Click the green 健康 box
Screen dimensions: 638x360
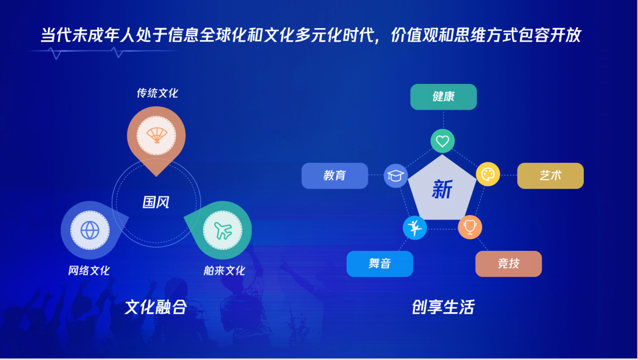pos(443,97)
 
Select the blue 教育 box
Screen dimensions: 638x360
pos(335,176)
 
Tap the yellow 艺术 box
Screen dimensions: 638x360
pos(551,176)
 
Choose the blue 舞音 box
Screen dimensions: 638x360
pos(380,264)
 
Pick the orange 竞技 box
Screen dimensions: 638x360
pos(508,264)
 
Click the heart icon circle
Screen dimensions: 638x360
pos(442,141)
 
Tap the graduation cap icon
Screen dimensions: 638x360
pos(396,176)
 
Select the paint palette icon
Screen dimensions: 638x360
pos(488,174)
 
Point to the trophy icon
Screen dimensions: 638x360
pos(470,227)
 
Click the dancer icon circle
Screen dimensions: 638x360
pos(415,228)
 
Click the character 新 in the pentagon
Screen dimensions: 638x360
pos(442,189)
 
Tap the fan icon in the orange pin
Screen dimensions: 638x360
pos(156,135)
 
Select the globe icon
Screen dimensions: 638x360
pos(90,230)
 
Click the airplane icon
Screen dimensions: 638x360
pos(223,230)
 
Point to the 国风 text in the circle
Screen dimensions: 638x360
pos(156,203)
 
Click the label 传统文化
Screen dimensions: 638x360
pos(157,93)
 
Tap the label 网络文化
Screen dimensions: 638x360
pos(89,271)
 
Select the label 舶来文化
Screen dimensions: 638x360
pos(224,271)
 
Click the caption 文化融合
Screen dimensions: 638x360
pos(156,307)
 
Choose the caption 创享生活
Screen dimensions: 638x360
pos(443,307)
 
